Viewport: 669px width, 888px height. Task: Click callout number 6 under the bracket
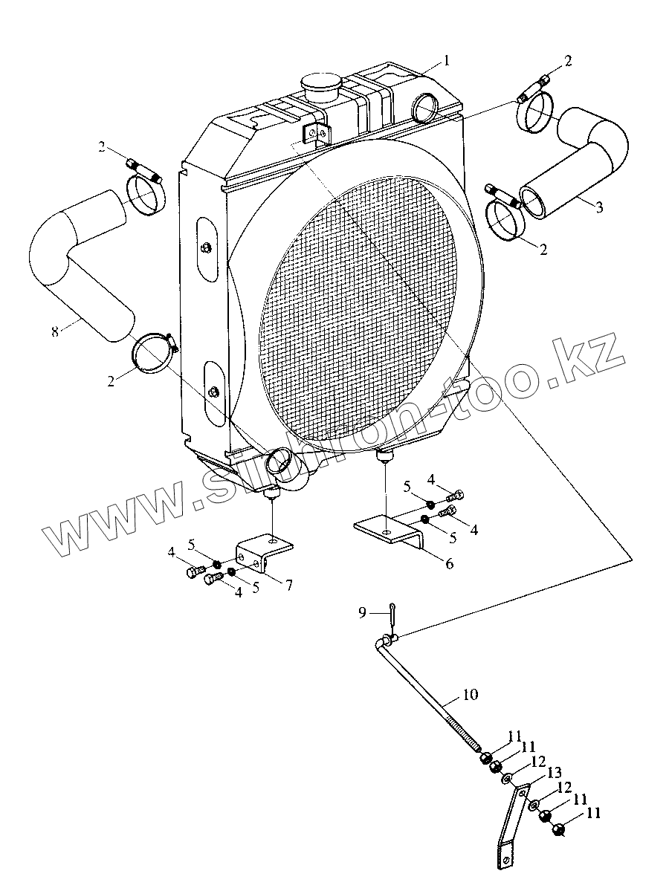click(x=448, y=563)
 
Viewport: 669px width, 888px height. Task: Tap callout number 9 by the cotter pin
click(x=362, y=612)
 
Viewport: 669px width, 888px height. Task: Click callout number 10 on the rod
click(x=470, y=696)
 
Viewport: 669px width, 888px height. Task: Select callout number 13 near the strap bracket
click(x=554, y=773)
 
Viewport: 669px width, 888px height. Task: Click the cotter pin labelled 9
click(x=392, y=614)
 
